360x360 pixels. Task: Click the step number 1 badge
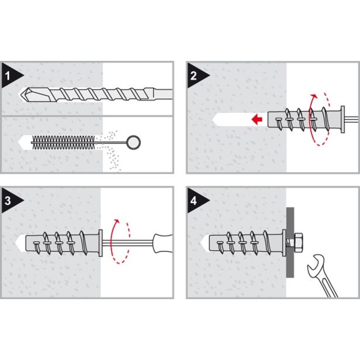[9, 75]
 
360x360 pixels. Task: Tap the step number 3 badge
[9, 200]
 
